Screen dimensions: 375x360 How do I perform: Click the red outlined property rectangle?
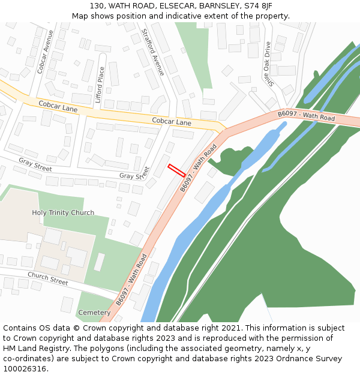pos(176,170)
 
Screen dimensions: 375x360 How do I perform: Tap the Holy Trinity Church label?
pos(63,213)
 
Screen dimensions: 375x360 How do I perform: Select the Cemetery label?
pos(94,313)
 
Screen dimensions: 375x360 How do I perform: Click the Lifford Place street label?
pos(100,85)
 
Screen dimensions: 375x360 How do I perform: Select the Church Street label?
pos(47,278)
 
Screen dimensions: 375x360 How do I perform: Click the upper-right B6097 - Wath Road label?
pos(306,116)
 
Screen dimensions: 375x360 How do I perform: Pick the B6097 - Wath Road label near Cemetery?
pos(131,280)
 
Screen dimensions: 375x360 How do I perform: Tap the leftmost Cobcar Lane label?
pos(58,107)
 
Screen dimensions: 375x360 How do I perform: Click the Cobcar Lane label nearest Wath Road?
pos(172,122)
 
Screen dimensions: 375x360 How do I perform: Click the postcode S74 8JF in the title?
pos(259,6)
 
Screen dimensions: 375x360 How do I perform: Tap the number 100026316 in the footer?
pos(24,369)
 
